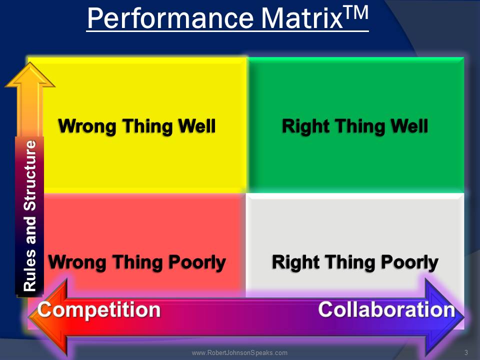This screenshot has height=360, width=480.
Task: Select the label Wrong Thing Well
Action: [x=137, y=126]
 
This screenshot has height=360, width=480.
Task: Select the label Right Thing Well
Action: [x=355, y=126]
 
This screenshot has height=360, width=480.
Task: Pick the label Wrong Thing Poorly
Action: [x=137, y=261]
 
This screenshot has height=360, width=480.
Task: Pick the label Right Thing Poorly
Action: [x=355, y=261]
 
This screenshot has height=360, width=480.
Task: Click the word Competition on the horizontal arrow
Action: [x=99, y=309]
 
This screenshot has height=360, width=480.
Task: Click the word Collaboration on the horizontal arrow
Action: [x=386, y=309]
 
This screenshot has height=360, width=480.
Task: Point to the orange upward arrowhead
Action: [x=30, y=75]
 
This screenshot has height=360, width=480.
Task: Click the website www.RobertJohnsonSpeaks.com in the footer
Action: [x=239, y=353]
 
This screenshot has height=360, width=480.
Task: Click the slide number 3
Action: [x=466, y=353]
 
